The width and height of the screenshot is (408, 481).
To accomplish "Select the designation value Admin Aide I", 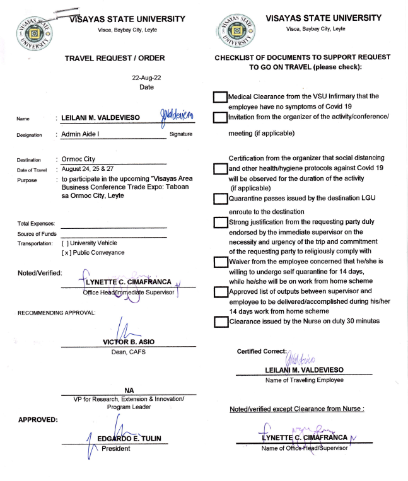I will (83, 134).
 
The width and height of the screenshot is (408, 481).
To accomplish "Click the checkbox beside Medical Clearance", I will (219, 97).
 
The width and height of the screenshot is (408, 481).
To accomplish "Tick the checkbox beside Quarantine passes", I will (219, 199).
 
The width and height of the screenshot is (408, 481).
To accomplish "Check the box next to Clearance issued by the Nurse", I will (219, 322).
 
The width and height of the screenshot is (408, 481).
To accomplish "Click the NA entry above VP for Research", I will (128, 390).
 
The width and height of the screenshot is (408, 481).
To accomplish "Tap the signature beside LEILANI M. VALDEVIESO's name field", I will (180, 115).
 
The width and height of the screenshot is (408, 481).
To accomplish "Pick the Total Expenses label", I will (37, 223).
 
